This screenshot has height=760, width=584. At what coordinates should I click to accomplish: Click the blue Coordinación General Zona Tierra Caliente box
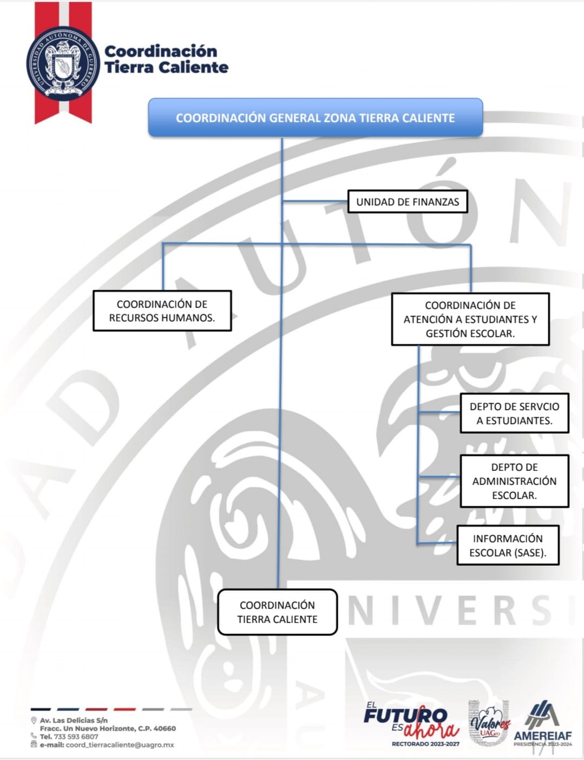pos(316,117)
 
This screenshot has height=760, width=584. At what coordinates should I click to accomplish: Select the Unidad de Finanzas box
pos(408,201)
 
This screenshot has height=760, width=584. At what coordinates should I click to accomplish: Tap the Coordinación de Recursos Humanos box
pos(162,311)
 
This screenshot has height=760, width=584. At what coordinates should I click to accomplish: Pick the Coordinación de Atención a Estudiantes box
pos(470,319)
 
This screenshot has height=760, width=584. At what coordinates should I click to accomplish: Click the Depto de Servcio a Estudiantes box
pos(514,413)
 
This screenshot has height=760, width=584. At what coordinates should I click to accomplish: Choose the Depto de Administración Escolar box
pos(514,481)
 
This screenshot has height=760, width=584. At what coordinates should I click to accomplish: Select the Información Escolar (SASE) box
pos(508,545)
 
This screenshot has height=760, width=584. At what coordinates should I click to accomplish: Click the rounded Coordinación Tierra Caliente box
pos(277,612)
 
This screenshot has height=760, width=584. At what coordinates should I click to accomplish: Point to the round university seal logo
pos(63,63)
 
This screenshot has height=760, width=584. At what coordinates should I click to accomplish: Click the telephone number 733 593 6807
pos(76,737)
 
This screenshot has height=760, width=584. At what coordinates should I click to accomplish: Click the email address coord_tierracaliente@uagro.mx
pos(120,745)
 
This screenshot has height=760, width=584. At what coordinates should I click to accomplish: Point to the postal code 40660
pos(165,729)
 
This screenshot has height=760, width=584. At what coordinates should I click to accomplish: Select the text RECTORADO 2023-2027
pos(425,744)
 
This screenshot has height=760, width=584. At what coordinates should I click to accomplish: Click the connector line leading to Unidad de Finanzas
pos(314,201)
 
